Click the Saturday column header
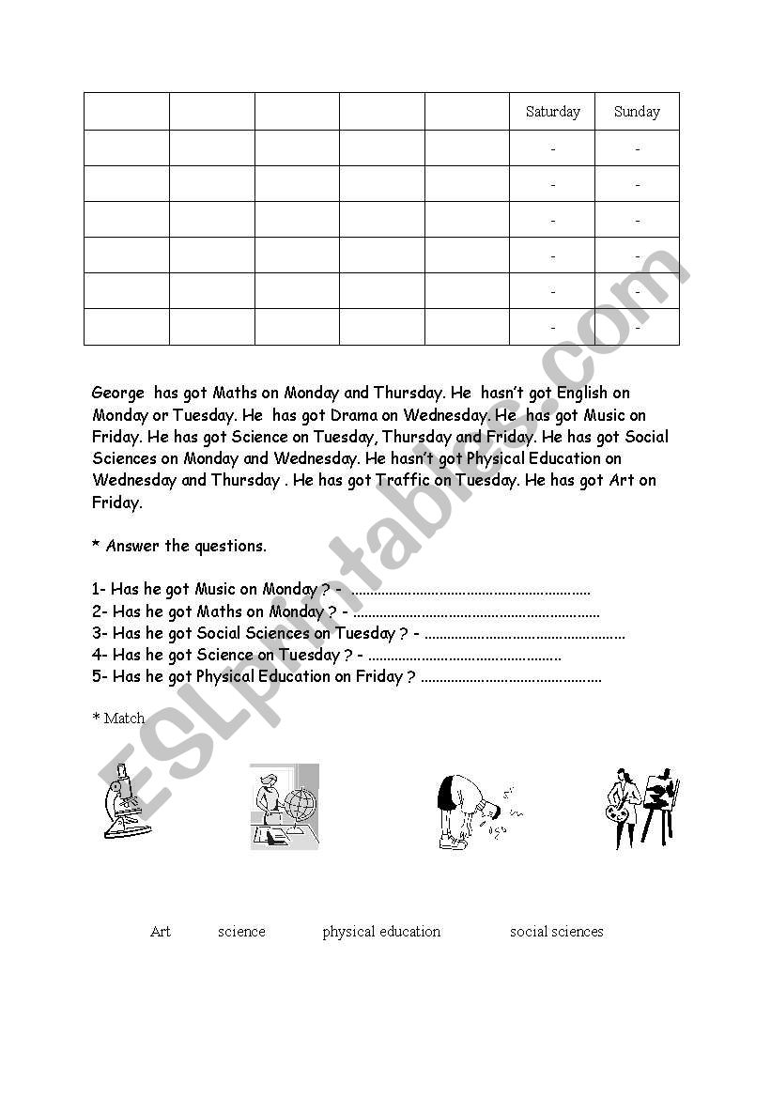[x=552, y=112]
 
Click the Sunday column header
[x=637, y=112]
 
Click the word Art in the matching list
[x=161, y=932]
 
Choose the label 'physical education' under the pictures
[x=381, y=932]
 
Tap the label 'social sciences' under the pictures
[x=556, y=932]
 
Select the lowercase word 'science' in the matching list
[x=241, y=932]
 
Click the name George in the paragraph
[x=118, y=393]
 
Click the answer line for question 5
[x=511, y=678]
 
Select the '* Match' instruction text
[x=118, y=719]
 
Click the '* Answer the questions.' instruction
[x=179, y=546]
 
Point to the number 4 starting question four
[x=97, y=656]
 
